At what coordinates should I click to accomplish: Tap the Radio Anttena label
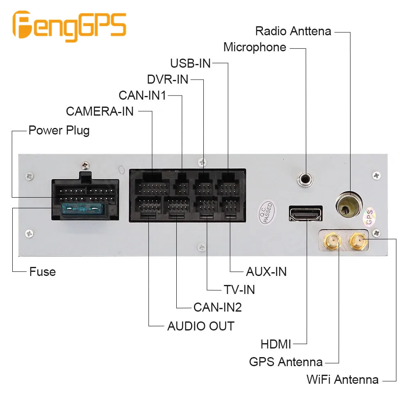pyautogui.click(x=293, y=31)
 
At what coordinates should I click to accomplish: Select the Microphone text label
pyautogui.click(x=255, y=47)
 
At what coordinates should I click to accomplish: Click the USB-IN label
pyautogui.click(x=190, y=63)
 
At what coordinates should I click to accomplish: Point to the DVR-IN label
pyautogui.click(x=168, y=80)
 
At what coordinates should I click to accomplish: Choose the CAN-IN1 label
pyautogui.click(x=142, y=96)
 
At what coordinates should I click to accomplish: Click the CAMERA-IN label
pyautogui.click(x=100, y=112)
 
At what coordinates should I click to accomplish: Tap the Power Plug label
pyautogui.click(x=59, y=130)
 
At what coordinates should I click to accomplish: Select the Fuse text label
pyautogui.click(x=42, y=272)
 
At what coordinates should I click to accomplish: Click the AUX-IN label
pyautogui.click(x=266, y=272)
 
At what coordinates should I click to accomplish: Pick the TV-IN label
pyautogui.click(x=239, y=290)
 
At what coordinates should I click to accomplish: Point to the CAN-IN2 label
pyautogui.click(x=218, y=307)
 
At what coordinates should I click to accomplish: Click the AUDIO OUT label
pyautogui.click(x=201, y=326)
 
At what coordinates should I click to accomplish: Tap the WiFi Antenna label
pyautogui.click(x=342, y=380)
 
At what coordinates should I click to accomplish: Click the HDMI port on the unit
pyautogui.click(x=306, y=214)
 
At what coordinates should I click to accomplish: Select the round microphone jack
pyautogui.click(x=305, y=180)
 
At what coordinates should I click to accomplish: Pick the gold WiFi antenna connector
pyautogui.click(x=358, y=241)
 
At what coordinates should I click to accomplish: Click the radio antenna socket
pyautogui.click(x=349, y=205)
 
